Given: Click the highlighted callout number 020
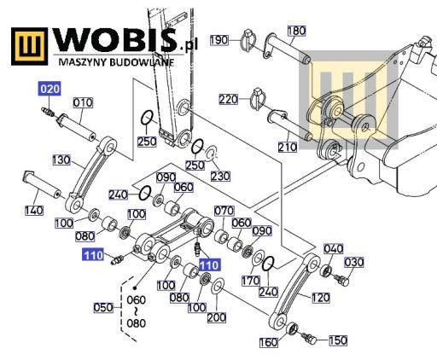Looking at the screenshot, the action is pos(50,89).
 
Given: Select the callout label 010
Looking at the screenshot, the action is pos(83,102).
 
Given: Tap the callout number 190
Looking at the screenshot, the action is pos(219,40).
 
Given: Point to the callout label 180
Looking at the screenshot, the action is pos(296,31).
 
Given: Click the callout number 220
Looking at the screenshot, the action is pos(228,100).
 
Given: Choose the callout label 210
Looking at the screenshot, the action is pos(288,147).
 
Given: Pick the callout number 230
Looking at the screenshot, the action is pos(220,177).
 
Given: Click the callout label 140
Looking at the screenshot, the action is pos(34,211).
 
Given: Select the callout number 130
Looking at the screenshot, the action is pos(61,160).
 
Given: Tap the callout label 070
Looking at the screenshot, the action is pos(224,211).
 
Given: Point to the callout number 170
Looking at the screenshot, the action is pos(250,281).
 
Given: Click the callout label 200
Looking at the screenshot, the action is pos(217,317).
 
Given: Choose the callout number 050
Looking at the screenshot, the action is pos(103,308).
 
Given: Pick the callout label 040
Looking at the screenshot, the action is pos(334,249).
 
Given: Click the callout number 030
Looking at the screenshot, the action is pos(354,262).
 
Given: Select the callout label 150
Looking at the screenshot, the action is pos(338,340).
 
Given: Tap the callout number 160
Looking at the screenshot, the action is pos(269,342).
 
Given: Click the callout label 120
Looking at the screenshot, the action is pos(321,298).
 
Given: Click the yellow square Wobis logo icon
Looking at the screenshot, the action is pos(30,46).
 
